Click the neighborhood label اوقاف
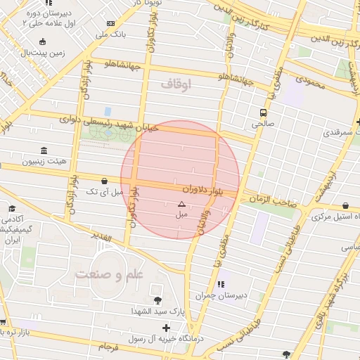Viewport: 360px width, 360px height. [x=176, y=84]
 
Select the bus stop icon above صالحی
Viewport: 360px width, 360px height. [x=263, y=112]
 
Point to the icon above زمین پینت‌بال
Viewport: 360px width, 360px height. [x=44, y=41]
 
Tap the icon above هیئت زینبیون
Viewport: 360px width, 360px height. [x=44, y=150]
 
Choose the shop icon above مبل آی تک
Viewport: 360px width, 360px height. [x=105, y=181]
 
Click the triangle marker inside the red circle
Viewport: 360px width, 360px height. [x=182, y=203]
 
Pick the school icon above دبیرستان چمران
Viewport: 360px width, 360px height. [x=221, y=284]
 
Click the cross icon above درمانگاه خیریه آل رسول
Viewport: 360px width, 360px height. [x=166, y=328]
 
